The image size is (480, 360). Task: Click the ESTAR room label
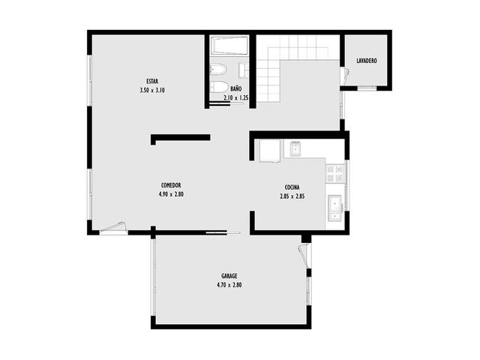point(152,82)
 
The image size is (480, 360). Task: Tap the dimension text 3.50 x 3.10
point(152,90)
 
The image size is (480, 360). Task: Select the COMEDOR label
point(171,185)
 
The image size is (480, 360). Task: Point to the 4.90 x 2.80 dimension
point(171,194)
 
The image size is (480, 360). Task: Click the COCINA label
point(292,187)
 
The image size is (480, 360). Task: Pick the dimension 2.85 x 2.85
point(292,196)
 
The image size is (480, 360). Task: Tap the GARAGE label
point(229,276)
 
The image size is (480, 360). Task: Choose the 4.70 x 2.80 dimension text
point(229,285)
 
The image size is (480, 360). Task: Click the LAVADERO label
point(367,61)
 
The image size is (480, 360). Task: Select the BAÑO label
point(236,88)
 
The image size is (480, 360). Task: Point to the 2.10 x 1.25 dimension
point(235,98)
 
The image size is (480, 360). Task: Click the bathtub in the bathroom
point(230,46)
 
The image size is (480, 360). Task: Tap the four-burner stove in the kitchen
point(335,173)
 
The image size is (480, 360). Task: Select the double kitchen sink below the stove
point(335,208)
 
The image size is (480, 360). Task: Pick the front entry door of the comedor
point(113,228)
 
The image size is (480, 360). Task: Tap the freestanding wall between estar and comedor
point(180,138)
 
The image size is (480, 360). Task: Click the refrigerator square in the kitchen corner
point(270,151)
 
